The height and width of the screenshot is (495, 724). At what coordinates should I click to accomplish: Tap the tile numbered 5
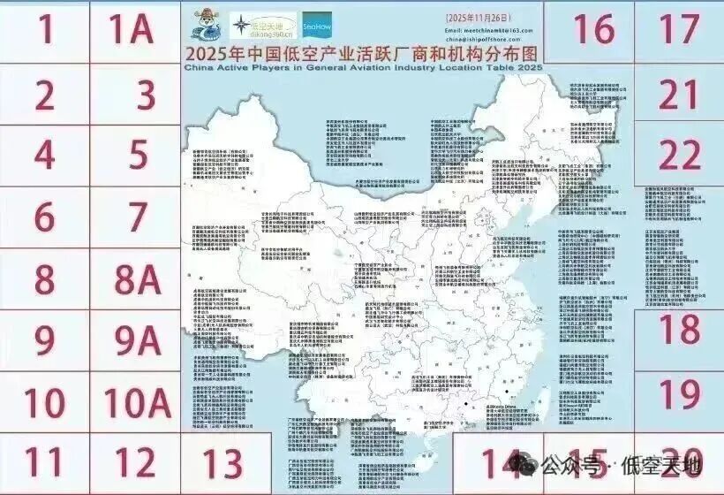136,155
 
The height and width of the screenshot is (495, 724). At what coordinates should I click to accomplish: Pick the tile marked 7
136,217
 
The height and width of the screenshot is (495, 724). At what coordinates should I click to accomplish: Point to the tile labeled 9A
136,341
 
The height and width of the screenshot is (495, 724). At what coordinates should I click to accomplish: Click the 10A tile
136,402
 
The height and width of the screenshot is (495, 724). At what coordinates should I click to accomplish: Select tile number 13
215,462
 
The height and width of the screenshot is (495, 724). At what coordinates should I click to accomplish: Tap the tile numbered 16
593,30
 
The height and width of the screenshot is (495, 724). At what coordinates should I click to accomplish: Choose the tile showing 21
679,94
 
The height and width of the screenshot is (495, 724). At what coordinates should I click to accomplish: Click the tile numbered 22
679,156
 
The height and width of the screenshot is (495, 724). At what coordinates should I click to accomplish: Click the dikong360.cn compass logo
261,26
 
